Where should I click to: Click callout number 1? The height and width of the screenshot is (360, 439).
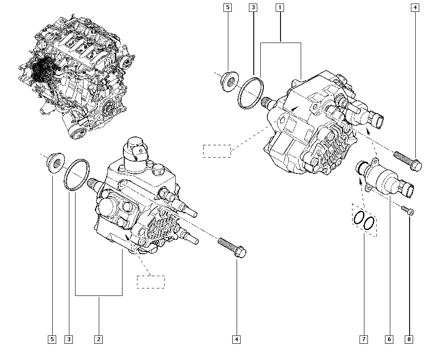[x=280, y=7]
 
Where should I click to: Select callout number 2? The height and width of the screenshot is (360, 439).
[x=98, y=339]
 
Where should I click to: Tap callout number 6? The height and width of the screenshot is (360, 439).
[x=389, y=339]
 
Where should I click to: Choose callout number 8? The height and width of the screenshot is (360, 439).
[x=410, y=339]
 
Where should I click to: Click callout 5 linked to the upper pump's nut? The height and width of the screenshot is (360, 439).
[x=227, y=7]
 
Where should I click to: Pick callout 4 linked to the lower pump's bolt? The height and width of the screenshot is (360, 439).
[x=237, y=339]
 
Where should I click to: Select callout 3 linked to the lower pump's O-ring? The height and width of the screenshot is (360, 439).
[x=68, y=339]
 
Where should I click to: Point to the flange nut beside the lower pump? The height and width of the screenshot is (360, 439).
[x=55, y=162]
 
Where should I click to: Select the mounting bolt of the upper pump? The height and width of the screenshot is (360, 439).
[x=408, y=161]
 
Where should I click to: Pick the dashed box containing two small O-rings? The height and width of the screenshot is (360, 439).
[x=364, y=220]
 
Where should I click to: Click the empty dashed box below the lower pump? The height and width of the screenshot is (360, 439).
[x=151, y=282]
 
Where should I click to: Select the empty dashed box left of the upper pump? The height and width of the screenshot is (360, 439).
[x=217, y=151]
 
